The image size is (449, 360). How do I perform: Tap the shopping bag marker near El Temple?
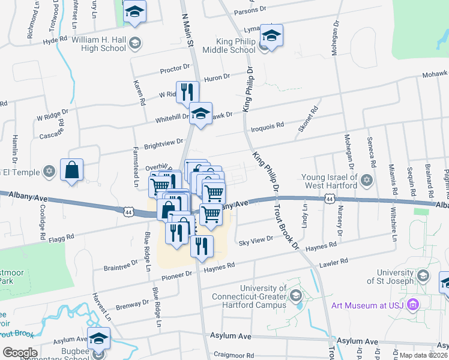(72, 170)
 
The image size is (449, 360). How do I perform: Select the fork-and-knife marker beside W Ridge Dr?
(187, 92)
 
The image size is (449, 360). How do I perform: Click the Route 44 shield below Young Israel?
(329, 199)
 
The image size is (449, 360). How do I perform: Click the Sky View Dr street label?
(256, 240)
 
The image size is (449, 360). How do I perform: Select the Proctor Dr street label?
(175, 70)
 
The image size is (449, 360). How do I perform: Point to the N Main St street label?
(185, 32)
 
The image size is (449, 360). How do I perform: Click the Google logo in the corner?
(20, 352)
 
